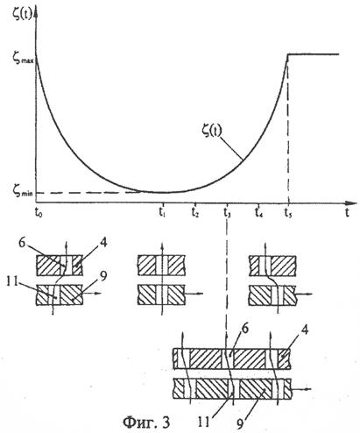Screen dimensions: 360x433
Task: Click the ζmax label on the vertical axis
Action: click(x=24, y=58)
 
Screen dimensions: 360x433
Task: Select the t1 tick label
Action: click(x=163, y=212)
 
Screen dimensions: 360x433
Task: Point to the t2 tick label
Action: click(x=195, y=212)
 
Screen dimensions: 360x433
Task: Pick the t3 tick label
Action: click(x=227, y=212)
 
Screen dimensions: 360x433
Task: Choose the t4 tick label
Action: click(x=258, y=212)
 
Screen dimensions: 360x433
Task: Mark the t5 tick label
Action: click(x=288, y=212)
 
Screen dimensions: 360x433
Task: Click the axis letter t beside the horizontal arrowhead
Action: click(x=347, y=212)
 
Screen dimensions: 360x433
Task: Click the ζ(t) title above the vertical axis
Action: click(x=23, y=14)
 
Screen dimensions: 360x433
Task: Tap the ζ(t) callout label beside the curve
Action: click(x=212, y=131)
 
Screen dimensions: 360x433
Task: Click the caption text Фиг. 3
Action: click(x=146, y=422)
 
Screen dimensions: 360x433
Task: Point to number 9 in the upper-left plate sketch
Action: click(x=102, y=276)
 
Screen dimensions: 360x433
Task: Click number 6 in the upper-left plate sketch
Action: click(x=23, y=243)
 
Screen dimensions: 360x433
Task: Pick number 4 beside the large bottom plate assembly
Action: click(x=305, y=330)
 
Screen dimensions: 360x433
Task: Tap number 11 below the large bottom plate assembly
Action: click(x=204, y=422)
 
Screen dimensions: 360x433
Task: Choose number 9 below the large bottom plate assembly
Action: click(x=240, y=424)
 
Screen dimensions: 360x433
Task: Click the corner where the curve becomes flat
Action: click(x=288, y=54)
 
